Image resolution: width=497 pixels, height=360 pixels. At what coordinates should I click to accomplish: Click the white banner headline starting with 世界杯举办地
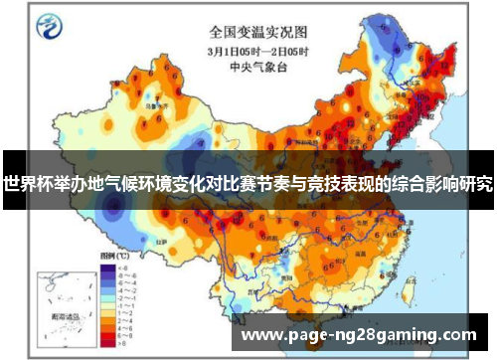coord(248,185)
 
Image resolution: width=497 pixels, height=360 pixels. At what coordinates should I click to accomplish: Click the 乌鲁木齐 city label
coord(152,101)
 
